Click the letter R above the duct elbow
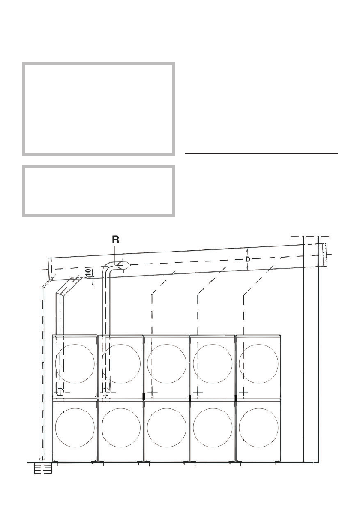pos(115,240)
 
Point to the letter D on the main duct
pos(248,259)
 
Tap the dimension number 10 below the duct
pos(87,272)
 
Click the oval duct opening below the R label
pos(123,266)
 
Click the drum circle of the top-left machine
pos(75,362)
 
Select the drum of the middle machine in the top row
pos(167,362)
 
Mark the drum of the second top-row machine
pos(121,362)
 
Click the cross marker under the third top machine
pos(153,392)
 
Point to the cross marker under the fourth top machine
pos(198,392)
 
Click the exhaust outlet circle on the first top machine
pos(60,392)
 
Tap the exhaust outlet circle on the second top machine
pos(106,392)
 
